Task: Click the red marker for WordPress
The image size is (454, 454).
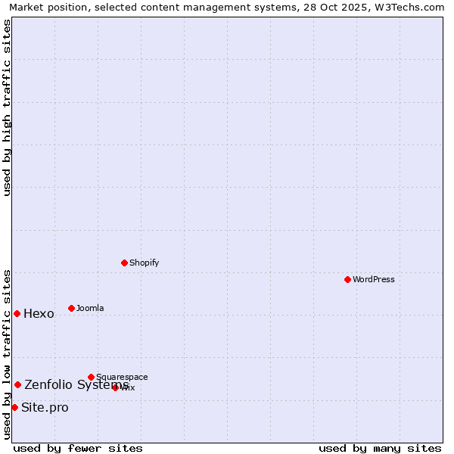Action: click(x=347, y=279)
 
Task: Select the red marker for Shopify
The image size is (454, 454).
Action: click(x=124, y=263)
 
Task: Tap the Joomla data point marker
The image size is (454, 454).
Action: click(x=71, y=308)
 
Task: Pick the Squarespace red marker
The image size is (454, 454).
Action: click(x=91, y=377)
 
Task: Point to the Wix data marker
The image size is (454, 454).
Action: click(x=115, y=387)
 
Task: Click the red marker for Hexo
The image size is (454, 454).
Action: click(x=17, y=313)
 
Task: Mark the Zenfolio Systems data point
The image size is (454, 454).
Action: click(x=17, y=384)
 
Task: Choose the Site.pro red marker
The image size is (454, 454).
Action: click(x=14, y=407)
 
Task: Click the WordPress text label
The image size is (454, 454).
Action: click(x=374, y=280)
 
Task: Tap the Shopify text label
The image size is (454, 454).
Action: click(x=144, y=263)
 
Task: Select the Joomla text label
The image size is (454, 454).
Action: click(x=90, y=309)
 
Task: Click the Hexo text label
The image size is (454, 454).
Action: click(x=39, y=314)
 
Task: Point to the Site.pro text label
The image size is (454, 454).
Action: click(x=45, y=408)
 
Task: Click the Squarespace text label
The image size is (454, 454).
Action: click(x=122, y=378)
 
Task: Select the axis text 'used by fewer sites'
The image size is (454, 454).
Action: click(x=78, y=449)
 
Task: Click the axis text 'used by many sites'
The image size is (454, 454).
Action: click(x=380, y=449)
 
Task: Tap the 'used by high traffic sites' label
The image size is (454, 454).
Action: click(x=7, y=107)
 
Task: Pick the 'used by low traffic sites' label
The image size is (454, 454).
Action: click(x=7, y=353)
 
